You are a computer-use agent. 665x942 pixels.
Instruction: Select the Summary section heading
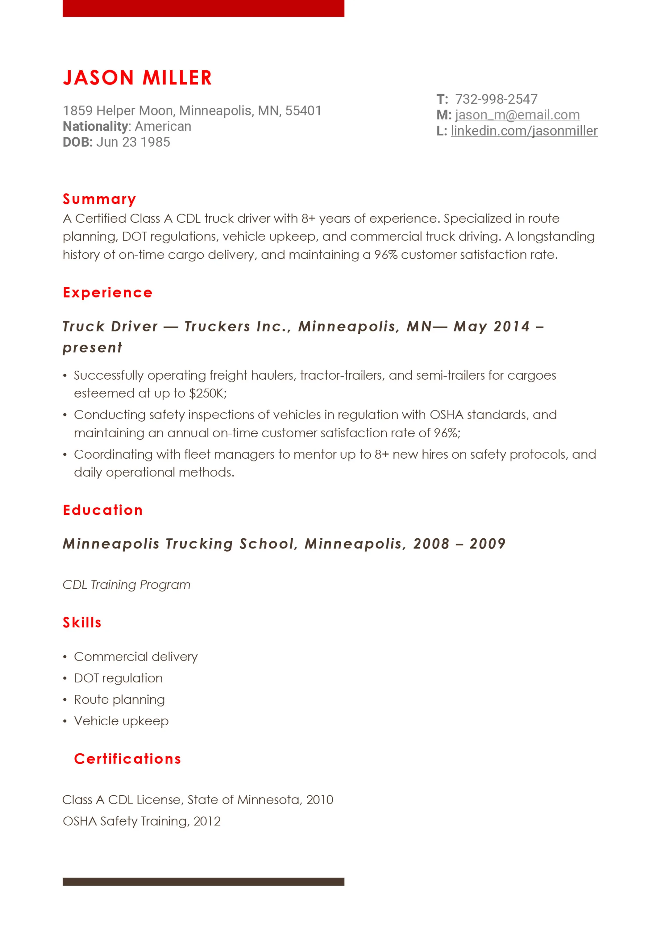click(x=99, y=199)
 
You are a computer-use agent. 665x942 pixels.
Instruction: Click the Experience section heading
click(x=107, y=293)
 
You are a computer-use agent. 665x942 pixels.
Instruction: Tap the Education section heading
click(x=103, y=510)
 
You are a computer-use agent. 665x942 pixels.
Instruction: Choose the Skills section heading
click(x=82, y=622)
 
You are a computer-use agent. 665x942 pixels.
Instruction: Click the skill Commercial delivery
click(x=135, y=657)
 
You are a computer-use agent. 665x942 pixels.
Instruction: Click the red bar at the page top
click(x=203, y=8)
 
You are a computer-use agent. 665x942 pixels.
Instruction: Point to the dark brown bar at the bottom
click(x=203, y=882)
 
